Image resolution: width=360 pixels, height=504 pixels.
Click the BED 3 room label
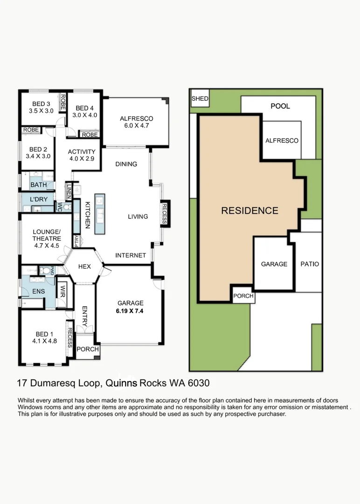click(x=41, y=104)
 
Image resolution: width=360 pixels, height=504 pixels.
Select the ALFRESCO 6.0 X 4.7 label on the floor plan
click(x=136, y=122)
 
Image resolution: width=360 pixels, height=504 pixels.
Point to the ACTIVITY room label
click(x=82, y=152)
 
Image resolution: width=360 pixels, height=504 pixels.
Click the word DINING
click(x=126, y=164)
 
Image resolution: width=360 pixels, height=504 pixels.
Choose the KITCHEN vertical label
click(x=87, y=215)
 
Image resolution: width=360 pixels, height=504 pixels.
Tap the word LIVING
click(x=138, y=217)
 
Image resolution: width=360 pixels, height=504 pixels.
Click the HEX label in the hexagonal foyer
click(x=84, y=266)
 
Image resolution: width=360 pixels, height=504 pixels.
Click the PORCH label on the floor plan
click(x=88, y=349)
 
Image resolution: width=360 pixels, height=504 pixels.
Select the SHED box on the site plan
click(x=200, y=99)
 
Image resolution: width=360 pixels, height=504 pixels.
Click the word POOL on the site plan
click(x=280, y=106)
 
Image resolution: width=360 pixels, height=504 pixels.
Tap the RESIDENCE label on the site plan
click(x=249, y=210)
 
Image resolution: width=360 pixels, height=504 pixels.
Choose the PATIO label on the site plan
click(x=310, y=264)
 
